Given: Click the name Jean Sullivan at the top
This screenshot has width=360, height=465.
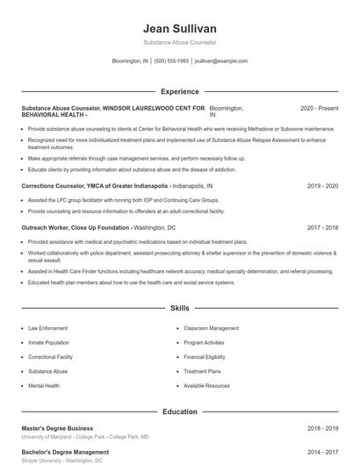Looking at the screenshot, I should [179, 28].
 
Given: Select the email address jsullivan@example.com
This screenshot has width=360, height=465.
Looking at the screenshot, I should [221, 61].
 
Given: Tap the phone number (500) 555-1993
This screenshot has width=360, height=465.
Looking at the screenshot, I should [171, 61].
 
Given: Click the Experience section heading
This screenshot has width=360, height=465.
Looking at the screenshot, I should [179, 91].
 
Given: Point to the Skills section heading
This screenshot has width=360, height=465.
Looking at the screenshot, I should [179, 309].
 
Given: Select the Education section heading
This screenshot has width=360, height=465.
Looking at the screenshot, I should [179, 411].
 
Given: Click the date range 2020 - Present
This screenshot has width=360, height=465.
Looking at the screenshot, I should [319, 108].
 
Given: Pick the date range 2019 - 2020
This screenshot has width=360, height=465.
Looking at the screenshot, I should [322, 187].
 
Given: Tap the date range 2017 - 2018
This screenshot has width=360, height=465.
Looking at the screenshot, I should [322, 227].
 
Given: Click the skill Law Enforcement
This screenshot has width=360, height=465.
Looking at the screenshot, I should [47, 328].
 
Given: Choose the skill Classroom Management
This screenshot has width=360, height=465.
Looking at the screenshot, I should [211, 328].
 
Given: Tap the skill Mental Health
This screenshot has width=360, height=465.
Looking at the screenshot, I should [44, 386].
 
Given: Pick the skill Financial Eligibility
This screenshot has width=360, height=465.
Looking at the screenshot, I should [205, 357].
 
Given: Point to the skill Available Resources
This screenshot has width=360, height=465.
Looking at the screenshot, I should [206, 386].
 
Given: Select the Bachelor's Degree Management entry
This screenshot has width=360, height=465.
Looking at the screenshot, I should [63, 452].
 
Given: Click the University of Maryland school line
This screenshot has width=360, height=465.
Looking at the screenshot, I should [85, 436].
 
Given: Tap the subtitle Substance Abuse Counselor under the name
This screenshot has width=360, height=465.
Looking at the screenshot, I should [179, 42].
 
